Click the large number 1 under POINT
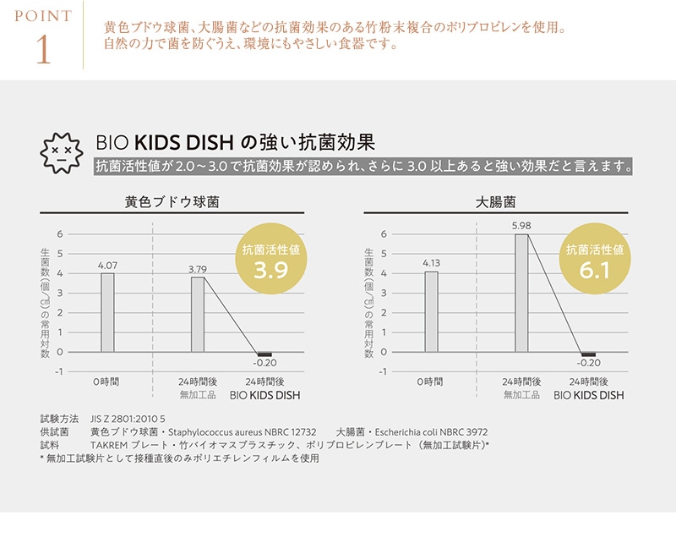tap(43, 48)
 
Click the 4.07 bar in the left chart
tap(107, 311)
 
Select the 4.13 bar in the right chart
tap(432, 310)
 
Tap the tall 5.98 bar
tap(521, 293)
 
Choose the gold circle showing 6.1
tap(594, 259)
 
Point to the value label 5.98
tap(521, 226)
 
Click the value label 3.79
tap(198, 269)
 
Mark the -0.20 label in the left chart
tap(264, 364)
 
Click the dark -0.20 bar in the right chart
tap(588, 354)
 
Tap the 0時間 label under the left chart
tap(106, 382)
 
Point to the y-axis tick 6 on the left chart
tap(59, 234)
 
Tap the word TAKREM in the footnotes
tap(110, 445)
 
